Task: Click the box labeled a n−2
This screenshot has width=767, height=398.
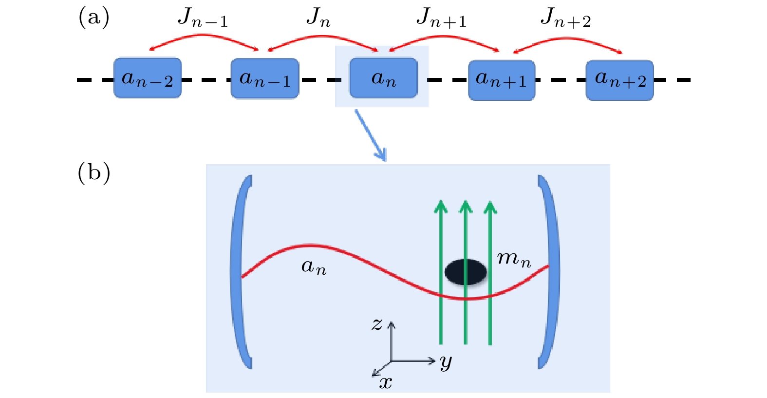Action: pyautogui.click(x=148, y=78)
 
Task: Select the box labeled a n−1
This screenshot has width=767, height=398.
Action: pyautogui.click(x=265, y=78)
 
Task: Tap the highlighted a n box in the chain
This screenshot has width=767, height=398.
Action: pyautogui.click(x=383, y=78)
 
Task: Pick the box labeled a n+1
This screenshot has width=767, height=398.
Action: pyautogui.click(x=502, y=80)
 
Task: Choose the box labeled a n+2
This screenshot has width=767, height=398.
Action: pyautogui.click(x=619, y=80)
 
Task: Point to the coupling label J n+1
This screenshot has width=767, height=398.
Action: pyautogui.click(x=441, y=19)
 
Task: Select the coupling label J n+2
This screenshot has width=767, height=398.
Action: pyautogui.click(x=565, y=19)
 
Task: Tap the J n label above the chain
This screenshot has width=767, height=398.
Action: pyautogui.click(x=318, y=19)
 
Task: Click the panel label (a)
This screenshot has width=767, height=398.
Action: pyautogui.click(x=94, y=18)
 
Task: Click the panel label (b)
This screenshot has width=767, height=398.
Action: pyautogui.click(x=94, y=172)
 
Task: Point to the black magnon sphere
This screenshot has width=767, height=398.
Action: pyautogui.click(x=466, y=272)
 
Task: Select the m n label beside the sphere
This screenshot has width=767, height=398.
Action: pyautogui.click(x=514, y=259)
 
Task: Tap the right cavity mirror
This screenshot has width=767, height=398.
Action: pyautogui.click(x=550, y=272)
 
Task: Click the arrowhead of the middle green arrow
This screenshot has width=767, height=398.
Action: pyautogui.click(x=466, y=207)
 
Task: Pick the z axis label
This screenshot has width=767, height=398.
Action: pyautogui.click(x=377, y=324)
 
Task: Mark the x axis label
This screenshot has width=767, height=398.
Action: pyautogui.click(x=386, y=383)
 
